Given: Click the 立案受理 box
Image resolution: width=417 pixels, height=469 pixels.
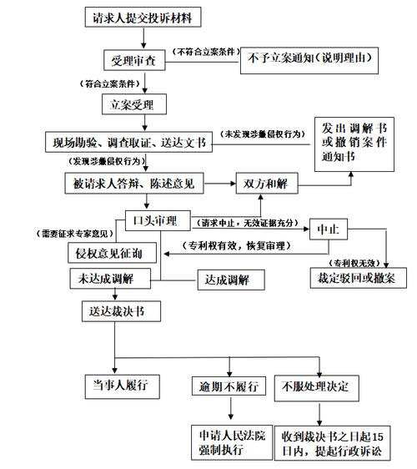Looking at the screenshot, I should tap(134, 105).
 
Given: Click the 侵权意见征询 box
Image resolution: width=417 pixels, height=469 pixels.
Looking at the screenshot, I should tap(104, 250).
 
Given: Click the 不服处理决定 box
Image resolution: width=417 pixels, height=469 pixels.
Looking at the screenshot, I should tap(320, 386).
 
